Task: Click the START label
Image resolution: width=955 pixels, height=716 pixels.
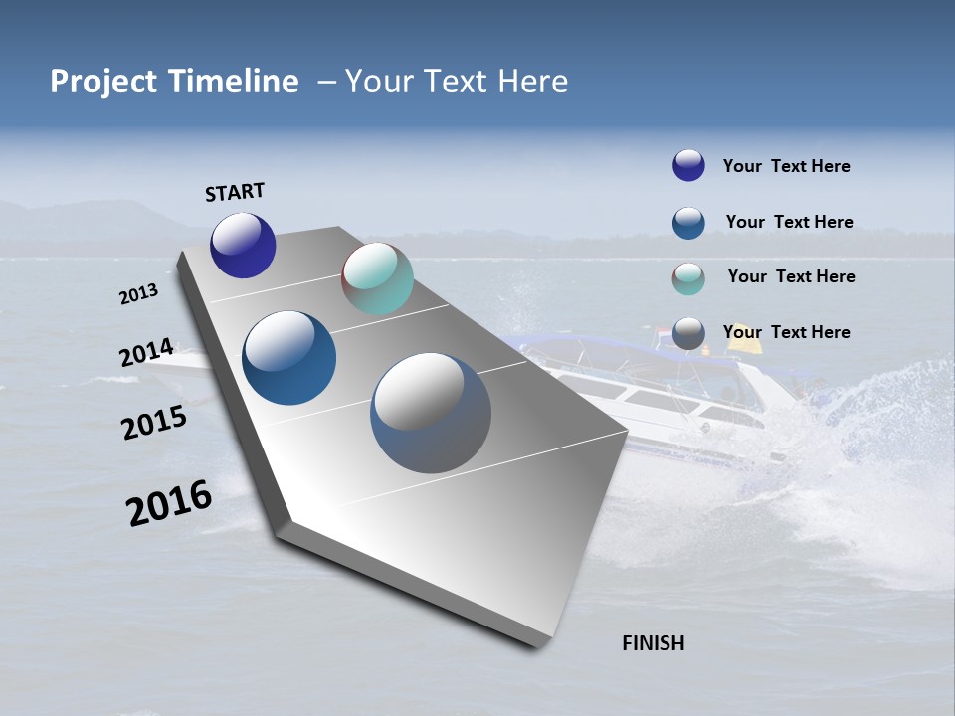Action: pyautogui.click(x=235, y=192)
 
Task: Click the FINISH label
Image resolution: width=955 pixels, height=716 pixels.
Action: pyautogui.click(x=654, y=643)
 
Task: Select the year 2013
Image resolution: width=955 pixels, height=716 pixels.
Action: pyautogui.click(x=138, y=294)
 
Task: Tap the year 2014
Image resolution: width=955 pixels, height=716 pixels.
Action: pyautogui.click(x=146, y=353)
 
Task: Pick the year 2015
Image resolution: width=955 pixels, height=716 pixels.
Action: pyautogui.click(x=153, y=423)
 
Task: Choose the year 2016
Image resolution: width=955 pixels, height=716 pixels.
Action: pyautogui.click(x=169, y=503)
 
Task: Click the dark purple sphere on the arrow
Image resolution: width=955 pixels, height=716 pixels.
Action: pyautogui.click(x=243, y=245)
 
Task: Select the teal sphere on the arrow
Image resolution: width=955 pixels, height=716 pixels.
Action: pyautogui.click(x=377, y=278)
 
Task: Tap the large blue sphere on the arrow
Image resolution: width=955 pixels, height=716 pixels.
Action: pyautogui.click(x=288, y=358)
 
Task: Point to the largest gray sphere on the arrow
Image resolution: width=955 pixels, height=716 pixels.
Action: pyautogui.click(x=431, y=413)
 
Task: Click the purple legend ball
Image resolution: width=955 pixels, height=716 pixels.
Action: pyautogui.click(x=688, y=165)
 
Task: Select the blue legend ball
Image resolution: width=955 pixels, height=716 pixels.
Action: pyautogui.click(x=688, y=222)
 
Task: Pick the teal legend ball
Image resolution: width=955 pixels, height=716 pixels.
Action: pyautogui.click(x=688, y=278)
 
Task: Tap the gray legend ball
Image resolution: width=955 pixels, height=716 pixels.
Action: pyautogui.click(x=688, y=333)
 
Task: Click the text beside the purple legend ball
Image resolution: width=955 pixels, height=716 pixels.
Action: pyautogui.click(x=786, y=166)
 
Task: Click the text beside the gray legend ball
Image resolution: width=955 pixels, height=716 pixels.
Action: pyautogui.click(x=786, y=332)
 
